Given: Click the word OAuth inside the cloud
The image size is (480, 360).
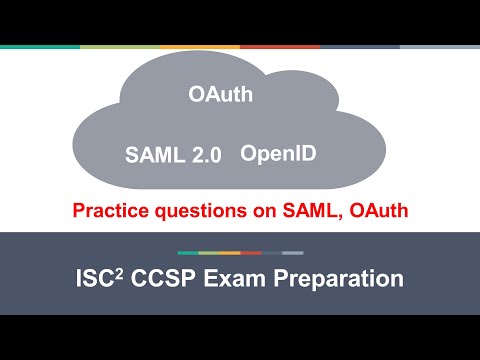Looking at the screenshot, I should click(x=219, y=96).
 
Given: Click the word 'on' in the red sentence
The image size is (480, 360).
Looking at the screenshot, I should click(x=257, y=210).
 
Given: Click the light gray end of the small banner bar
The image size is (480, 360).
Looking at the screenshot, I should click(x=293, y=252).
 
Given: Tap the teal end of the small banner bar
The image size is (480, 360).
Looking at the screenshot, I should click(x=187, y=252).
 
